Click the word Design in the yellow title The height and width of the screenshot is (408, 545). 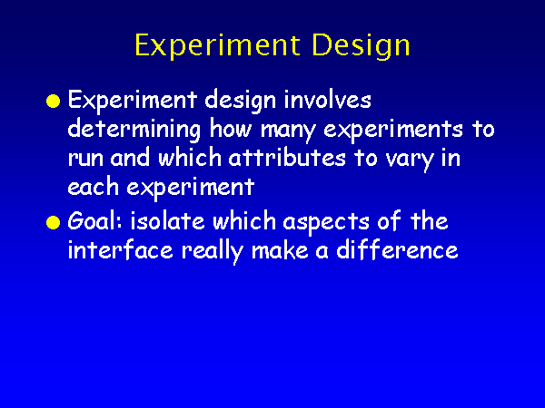(362, 46)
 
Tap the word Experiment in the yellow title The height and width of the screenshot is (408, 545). (218, 45)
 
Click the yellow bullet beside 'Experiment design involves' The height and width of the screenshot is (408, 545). (54, 101)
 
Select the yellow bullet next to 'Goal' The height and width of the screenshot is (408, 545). (54, 222)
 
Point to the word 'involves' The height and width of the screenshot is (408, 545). (327, 100)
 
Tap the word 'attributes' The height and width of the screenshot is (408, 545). (287, 158)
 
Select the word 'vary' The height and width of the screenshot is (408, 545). (409, 160)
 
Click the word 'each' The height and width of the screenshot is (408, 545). (94, 187)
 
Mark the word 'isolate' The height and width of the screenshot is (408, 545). (167, 221)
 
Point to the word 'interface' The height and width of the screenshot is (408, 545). (120, 249)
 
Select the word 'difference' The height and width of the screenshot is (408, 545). (397, 249)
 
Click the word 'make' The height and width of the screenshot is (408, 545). (280, 250)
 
